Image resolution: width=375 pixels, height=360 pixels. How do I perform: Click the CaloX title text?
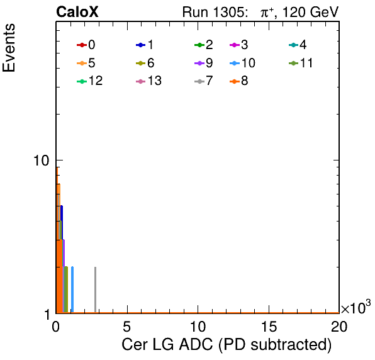click(x=77, y=12)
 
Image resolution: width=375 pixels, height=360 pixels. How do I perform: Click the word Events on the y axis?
click(x=9, y=48)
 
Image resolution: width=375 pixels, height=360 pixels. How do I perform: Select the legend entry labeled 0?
click(x=86, y=45)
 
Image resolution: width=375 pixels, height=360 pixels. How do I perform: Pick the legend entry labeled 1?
click(x=145, y=45)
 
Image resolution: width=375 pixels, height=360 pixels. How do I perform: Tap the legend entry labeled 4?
click(x=298, y=45)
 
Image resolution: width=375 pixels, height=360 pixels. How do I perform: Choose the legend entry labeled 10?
click(x=242, y=63)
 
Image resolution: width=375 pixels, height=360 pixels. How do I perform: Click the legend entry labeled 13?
click(x=148, y=81)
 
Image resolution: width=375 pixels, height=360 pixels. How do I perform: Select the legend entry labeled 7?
click(x=204, y=81)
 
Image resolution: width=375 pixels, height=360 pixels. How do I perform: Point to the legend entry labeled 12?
click(x=90, y=81)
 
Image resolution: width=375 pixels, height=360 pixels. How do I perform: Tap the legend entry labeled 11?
click(x=301, y=63)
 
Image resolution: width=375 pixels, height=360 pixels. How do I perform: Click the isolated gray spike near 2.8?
click(x=95, y=290)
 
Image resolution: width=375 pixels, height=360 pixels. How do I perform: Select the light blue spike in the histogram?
click(x=72, y=290)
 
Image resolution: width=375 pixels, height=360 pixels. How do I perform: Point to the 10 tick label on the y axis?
click(x=42, y=160)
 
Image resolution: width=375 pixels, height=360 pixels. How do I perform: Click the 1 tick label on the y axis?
click(x=47, y=315)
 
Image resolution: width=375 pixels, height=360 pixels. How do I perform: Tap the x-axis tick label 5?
click(x=126, y=327)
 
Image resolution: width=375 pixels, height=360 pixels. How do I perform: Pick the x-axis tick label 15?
click(x=269, y=327)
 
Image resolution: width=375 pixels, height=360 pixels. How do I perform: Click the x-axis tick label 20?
click(x=339, y=327)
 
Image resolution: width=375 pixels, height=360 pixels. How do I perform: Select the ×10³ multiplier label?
click(x=355, y=307)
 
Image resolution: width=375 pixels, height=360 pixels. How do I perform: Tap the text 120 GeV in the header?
click(x=311, y=12)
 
